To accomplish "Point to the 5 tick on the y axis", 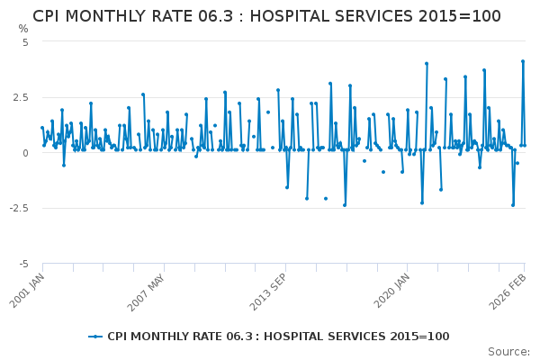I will (x=25, y=42).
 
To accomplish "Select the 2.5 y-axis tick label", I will (x=21, y=97).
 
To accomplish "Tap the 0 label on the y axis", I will (x=25, y=153).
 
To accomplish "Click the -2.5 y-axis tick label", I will (x=19, y=209).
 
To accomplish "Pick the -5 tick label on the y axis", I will (x=23, y=265).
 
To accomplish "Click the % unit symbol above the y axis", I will (x=23, y=29).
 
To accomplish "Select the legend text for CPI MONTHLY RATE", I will (x=278, y=337).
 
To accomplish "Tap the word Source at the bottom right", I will (x=508, y=351).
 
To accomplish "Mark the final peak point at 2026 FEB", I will (x=523, y=61).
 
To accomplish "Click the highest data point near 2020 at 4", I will (x=427, y=64).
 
